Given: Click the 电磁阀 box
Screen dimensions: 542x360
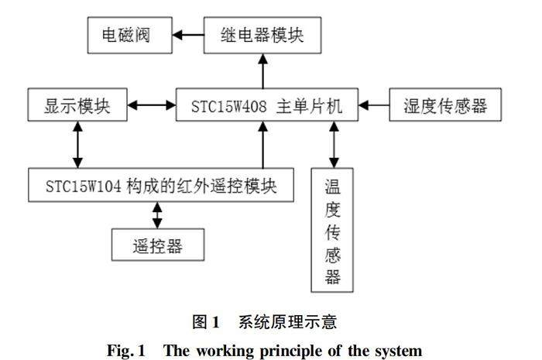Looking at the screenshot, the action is coord(129,36).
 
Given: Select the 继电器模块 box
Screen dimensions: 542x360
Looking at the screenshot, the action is coord(262,36).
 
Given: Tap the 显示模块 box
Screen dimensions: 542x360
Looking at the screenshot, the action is coord(77,105).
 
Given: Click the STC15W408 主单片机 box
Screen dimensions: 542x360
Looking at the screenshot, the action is coord(267,105).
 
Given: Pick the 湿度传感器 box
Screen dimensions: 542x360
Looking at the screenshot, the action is coord(445,105).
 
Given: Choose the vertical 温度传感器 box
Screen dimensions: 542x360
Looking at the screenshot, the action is coord(332,230).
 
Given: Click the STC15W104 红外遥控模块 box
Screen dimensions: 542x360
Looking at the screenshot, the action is coord(161,185).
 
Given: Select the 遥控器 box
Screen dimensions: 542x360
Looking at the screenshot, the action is coord(158,245).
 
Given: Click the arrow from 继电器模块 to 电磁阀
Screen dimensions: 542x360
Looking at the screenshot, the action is coord(188,35).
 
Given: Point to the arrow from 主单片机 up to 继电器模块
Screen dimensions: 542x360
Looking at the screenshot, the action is coord(263,71).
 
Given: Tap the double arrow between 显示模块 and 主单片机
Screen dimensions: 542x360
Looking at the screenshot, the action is coord(152,105).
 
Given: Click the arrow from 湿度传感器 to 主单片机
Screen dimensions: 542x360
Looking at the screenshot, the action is coord(374,105).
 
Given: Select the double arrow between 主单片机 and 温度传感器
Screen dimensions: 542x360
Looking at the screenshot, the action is coord(334,145).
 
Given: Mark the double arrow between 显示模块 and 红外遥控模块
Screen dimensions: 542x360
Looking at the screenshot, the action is coord(77,145).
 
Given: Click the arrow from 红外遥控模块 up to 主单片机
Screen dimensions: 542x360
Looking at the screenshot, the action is coord(263,145).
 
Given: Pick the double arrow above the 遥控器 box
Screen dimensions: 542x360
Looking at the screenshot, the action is coord(157,215).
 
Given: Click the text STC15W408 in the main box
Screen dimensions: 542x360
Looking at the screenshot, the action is coord(229,106).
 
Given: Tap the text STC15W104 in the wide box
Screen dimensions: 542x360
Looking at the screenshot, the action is coord(84,187).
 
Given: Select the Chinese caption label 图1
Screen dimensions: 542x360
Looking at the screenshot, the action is coord(206,322).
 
